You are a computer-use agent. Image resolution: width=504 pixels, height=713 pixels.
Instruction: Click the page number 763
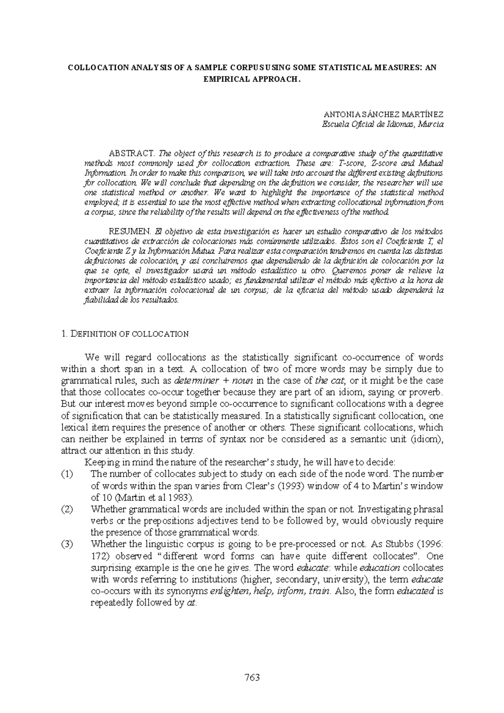pyautogui.click(x=252, y=677)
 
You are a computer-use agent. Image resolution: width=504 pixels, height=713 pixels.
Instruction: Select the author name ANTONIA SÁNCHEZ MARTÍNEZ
pyautogui.click(x=383, y=114)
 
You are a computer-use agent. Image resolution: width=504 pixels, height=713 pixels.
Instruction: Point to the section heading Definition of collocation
pyautogui.click(x=125, y=334)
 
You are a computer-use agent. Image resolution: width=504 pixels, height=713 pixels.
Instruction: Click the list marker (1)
pyautogui.click(x=67, y=474)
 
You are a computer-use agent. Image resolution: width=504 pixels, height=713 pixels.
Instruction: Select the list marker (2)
pyautogui.click(x=67, y=509)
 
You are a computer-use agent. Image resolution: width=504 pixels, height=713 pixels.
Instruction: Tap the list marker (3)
pyautogui.click(x=67, y=545)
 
